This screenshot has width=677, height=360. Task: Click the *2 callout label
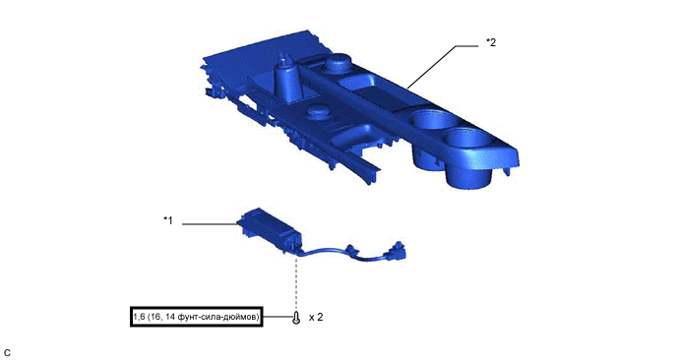(491, 42)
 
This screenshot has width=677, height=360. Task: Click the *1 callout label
(167, 220)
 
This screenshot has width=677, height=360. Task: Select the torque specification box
(197, 317)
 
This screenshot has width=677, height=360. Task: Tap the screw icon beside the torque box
(296, 318)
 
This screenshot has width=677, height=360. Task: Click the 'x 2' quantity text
(316, 318)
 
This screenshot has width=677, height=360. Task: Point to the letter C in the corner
(7, 352)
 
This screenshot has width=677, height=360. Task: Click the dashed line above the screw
(296, 283)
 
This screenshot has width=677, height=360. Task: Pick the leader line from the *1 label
(210, 224)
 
